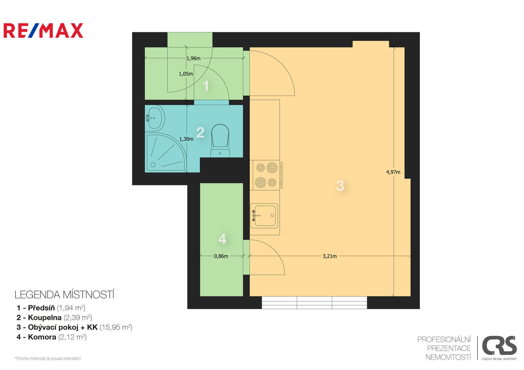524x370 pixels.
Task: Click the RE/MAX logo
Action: coord(43,30)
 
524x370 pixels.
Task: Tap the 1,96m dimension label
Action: coord(194,58)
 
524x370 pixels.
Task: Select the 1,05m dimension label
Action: coord(186,74)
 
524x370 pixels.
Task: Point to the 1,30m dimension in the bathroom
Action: coord(186,139)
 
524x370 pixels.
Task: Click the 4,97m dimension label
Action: coord(393,172)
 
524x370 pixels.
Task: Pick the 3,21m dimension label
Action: coord(330,256)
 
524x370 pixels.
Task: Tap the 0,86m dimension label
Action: coord(221,256)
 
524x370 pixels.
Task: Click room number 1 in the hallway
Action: coord(206,86)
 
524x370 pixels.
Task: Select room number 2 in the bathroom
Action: coord(200,132)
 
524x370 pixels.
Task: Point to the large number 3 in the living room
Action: coord(340,186)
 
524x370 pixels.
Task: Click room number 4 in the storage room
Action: coord(222,239)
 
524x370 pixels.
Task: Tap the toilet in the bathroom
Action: coord(220,140)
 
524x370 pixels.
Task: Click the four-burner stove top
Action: coord(266,175)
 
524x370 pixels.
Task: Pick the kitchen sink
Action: coord(264,215)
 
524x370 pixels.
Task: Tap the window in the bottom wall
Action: coord(314,303)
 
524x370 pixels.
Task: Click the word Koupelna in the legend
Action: coord(45,317)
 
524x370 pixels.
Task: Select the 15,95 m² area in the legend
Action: coord(116,327)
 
